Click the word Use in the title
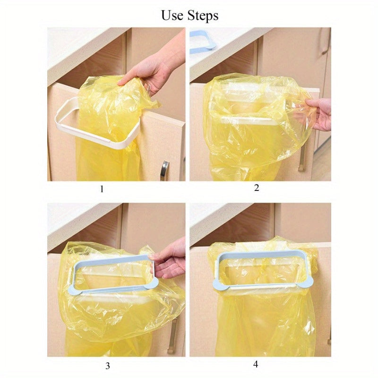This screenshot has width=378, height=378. point(172,16)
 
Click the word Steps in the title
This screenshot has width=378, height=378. point(203,16)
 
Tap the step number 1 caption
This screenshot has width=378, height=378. point(102,189)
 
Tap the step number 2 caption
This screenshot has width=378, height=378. point(257,188)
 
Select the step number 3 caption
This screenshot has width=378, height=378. point(108,366)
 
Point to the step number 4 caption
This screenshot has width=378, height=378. point(256,364)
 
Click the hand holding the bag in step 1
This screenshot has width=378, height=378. point(155,65)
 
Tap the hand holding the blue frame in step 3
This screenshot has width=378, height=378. point(169,259)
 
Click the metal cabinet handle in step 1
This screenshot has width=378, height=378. point(164,171)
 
